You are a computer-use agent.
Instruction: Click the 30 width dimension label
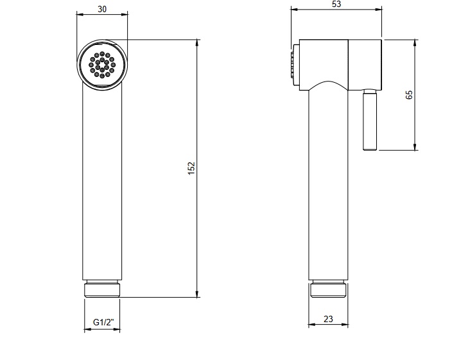(x=102, y=9)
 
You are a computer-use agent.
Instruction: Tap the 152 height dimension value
(x=191, y=168)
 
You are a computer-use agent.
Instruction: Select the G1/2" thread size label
(x=103, y=322)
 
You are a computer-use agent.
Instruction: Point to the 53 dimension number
(x=336, y=4)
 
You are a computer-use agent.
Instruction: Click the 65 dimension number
(x=409, y=94)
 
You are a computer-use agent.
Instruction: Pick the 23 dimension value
(x=328, y=319)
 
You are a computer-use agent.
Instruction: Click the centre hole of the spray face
(x=102, y=65)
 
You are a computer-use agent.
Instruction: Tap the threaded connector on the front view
(x=102, y=288)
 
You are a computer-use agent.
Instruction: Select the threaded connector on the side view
(x=328, y=289)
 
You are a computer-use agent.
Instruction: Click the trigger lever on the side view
(x=370, y=119)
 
